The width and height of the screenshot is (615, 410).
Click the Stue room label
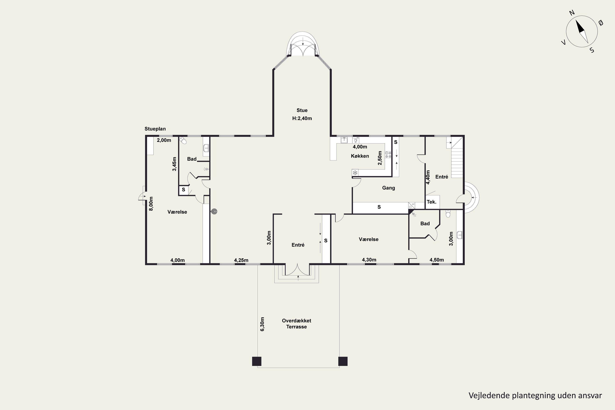(302, 110)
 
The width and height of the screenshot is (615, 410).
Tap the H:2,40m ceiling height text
(302, 118)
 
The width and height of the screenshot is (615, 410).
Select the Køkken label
(360, 156)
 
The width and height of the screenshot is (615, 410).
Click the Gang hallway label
(388, 188)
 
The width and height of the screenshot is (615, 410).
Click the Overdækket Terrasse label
(296, 323)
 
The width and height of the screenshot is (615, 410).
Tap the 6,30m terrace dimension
(262, 324)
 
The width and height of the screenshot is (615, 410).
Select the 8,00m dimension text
(151, 204)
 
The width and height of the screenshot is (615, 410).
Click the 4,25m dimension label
(241, 260)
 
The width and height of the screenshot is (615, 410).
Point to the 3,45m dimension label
(174, 164)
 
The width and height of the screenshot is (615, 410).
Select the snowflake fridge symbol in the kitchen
(355, 173)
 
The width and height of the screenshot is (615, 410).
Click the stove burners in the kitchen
(388, 155)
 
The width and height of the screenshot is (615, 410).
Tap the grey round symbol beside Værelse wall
(214, 212)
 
